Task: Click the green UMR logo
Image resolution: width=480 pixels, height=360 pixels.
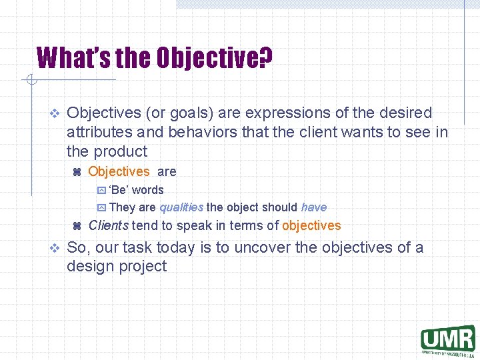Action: pos(447,339)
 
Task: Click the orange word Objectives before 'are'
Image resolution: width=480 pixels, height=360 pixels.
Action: pos(119,171)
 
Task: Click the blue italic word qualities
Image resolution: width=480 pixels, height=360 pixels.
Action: pos(181,207)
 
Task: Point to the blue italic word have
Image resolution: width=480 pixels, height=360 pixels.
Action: pos(314,207)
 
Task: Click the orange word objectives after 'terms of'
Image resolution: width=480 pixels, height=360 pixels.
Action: pos(311,225)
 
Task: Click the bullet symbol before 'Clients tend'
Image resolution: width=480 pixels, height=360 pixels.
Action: pos(76,226)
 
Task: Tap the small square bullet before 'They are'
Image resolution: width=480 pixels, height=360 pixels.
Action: pos(101,208)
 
